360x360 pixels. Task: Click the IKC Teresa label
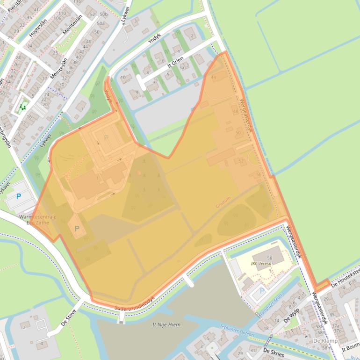point(261,264)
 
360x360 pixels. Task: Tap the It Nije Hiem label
point(166,324)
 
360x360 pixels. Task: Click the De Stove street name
point(68,320)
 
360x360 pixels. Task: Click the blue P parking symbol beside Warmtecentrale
point(19,196)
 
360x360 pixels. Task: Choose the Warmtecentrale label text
point(37,217)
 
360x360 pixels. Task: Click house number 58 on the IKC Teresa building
point(269,258)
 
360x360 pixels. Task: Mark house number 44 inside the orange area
point(214,77)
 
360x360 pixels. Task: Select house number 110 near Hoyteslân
point(60,12)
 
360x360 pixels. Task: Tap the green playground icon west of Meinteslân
point(22,107)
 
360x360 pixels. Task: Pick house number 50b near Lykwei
point(103,14)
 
